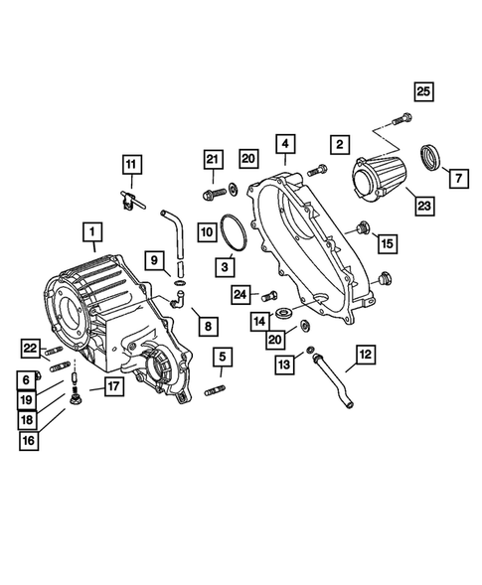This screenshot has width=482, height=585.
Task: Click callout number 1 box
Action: click(x=91, y=235)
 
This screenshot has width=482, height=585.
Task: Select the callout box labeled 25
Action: click(x=423, y=92)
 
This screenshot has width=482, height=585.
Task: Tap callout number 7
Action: click(x=458, y=179)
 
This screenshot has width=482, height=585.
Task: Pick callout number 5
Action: click(x=224, y=357)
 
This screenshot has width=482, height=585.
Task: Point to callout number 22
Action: click(x=30, y=347)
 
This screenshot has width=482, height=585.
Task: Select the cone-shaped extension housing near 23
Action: click(x=379, y=185)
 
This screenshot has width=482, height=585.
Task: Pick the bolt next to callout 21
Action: click(x=212, y=189)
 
